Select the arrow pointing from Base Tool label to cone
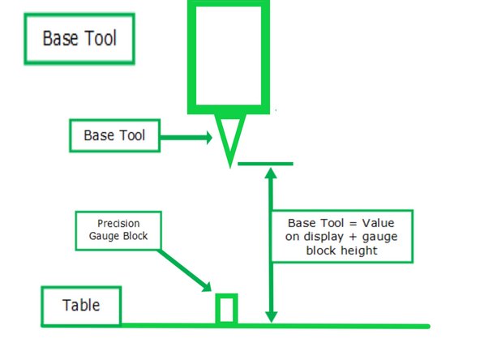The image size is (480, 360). coord(186,138)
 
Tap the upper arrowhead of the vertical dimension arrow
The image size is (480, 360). coord(271,173)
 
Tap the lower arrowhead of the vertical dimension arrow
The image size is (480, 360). coord(271,317)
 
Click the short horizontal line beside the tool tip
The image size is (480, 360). coord(265,164)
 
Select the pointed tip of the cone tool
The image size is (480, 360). coord(230,167)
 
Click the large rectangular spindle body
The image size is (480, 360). coord(229,4)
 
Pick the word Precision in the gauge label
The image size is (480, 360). coord(118,224)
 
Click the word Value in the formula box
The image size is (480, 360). coord(379,223)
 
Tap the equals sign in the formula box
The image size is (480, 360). coord(353,224)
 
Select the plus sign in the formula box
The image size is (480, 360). coord(353,238)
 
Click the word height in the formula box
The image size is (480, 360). coord(359,251)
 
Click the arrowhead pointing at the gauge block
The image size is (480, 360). coord(208,288)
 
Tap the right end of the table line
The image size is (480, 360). coord(429,327)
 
